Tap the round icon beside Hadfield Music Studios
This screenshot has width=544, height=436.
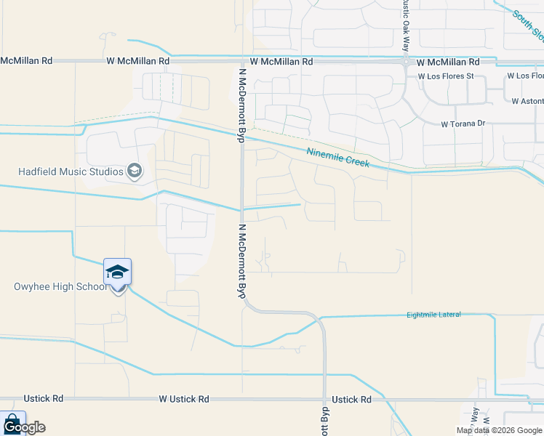(134, 171)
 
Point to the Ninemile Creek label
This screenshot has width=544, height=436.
(338, 158)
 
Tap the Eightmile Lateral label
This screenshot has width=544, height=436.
(433, 315)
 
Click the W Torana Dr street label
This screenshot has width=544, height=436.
(463, 124)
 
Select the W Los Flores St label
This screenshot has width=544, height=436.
(446, 76)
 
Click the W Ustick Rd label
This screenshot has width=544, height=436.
(185, 400)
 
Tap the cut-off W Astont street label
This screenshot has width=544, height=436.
(527, 102)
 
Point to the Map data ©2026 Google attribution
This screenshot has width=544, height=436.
(500, 430)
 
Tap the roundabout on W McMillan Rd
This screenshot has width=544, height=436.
(405, 62)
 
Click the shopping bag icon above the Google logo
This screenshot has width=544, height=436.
(12, 421)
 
